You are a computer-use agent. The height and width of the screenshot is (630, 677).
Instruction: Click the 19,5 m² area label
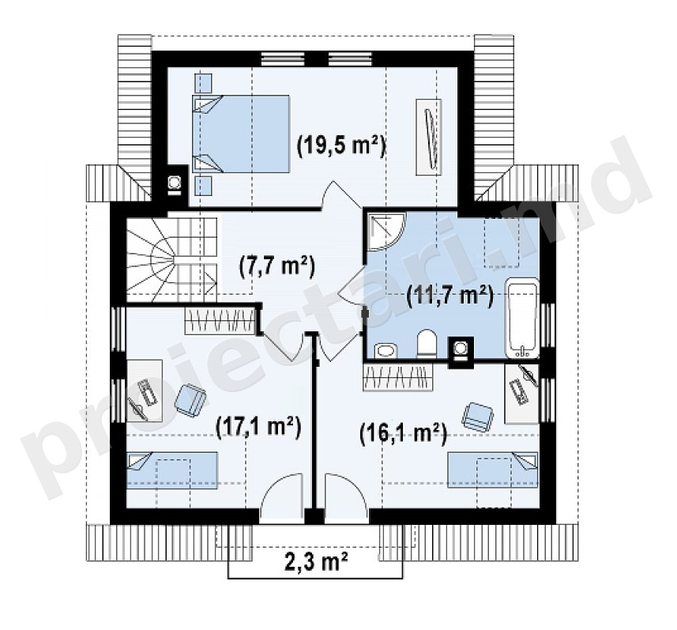(x=341, y=147)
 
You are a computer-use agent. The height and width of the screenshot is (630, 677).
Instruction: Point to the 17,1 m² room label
(x=258, y=427)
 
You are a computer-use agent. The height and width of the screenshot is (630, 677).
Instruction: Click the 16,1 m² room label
(x=402, y=433)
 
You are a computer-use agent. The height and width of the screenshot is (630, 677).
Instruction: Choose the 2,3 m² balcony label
(x=317, y=562)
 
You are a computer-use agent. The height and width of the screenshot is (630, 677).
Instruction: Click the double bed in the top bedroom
(x=240, y=134)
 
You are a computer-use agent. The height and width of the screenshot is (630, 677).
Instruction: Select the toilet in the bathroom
(x=427, y=345)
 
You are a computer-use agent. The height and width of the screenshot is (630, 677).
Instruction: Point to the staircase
(x=171, y=260)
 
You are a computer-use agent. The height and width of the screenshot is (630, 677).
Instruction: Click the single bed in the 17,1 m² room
(x=171, y=470)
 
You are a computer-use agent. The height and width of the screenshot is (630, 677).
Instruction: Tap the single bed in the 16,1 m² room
(x=493, y=470)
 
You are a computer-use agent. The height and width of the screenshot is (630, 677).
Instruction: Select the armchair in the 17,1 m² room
(x=190, y=401)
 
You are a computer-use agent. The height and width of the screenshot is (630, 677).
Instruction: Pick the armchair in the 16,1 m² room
(x=477, y=417)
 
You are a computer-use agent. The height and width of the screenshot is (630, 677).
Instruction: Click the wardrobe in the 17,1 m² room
(x=220, y=320)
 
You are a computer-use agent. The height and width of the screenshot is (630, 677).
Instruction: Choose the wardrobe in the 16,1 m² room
(x=397, y=377)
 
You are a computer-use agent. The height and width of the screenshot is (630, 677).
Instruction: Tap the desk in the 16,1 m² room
(x=521, y=393)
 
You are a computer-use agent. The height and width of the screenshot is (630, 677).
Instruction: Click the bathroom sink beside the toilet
(x=386, y=350)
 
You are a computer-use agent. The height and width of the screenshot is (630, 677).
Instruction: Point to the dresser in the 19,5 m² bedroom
(x=429, y=137)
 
